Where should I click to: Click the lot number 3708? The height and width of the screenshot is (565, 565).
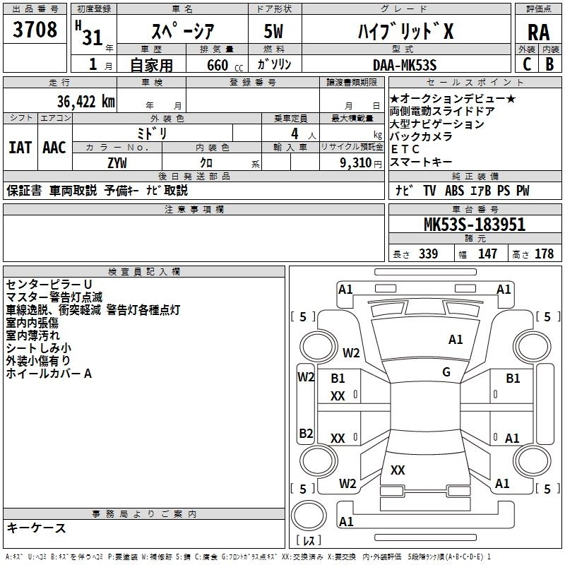(x=35, y=30)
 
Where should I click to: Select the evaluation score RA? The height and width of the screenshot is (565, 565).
(x=538, y=32)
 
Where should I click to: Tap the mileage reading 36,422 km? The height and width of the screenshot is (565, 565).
(x=69, y=102)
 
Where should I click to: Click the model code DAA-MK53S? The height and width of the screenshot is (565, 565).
(x=405, y=65)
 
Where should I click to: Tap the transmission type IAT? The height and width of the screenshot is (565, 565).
(x=19, y=148)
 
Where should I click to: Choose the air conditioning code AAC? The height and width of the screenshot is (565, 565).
(x=54, y=148)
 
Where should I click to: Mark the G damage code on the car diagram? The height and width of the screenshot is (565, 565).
(x=446, y=372)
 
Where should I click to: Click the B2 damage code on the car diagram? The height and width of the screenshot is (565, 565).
(x=306, y=433)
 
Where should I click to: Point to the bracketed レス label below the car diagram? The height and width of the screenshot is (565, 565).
(x=309, y=542)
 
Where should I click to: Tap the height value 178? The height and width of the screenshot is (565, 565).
(x=544, y=254)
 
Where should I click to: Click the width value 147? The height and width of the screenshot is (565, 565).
(x=487, y=254)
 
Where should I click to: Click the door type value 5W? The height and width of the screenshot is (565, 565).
(x=273, y=32)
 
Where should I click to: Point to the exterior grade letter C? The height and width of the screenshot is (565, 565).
(x=526, y=65)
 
